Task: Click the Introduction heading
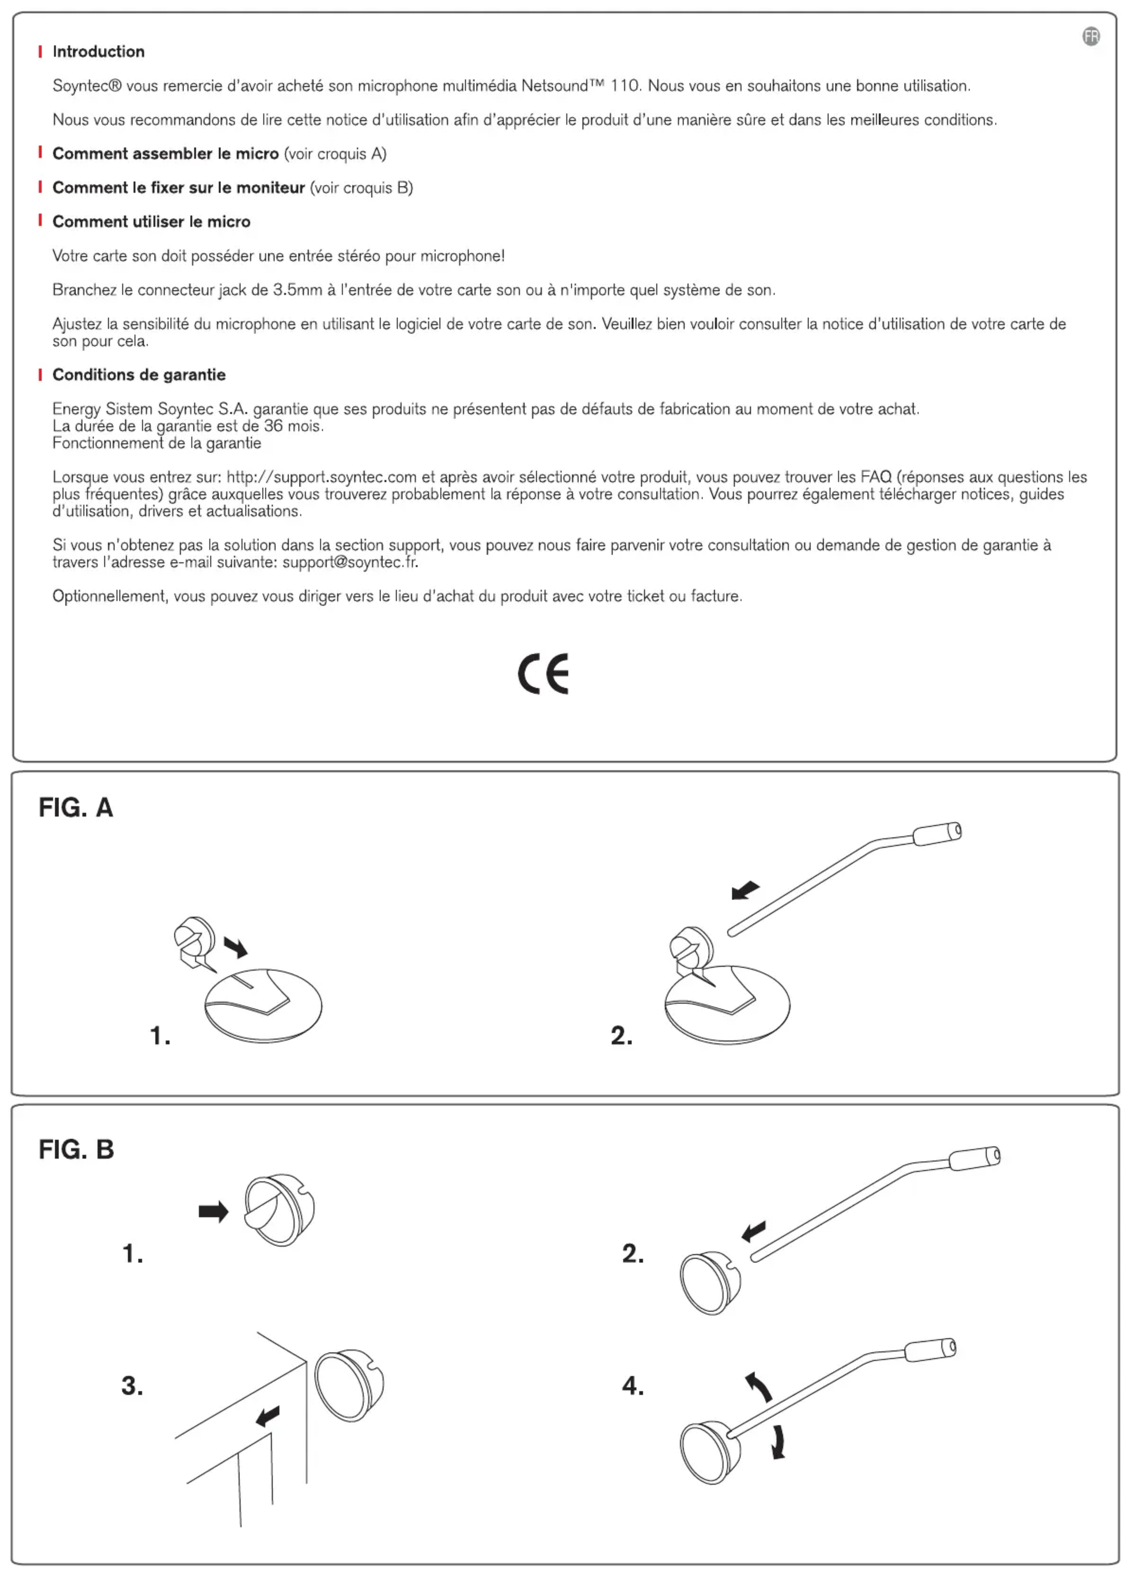click(x=98, y=51)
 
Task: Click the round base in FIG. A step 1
click(x=264, y=1005)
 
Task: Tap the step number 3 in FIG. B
click(x=132, y=1385)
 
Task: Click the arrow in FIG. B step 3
click(x=268, y=1416)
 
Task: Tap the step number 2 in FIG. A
click(x=621, y=1035)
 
